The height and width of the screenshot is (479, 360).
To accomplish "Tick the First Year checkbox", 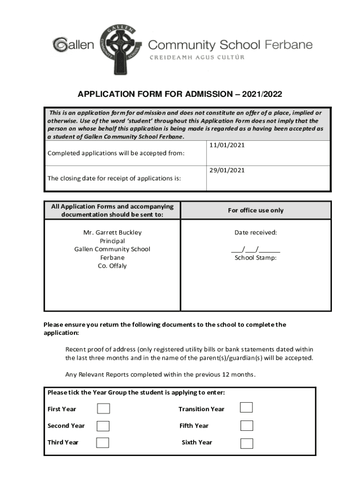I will (x=103, y=409).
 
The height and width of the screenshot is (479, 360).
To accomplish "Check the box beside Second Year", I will (x=103, y=426).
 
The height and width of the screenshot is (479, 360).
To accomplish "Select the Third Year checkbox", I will (x=102, y=443).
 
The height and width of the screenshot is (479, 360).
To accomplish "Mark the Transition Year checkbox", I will (x=246, y=407).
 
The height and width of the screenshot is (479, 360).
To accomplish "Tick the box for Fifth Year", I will (x=246, y=426).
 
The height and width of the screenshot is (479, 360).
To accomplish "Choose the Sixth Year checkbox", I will (x=246, y=443).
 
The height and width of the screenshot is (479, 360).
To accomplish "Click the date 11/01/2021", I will (x=227, y=145).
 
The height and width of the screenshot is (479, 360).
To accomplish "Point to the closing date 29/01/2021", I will (x=227, y=170).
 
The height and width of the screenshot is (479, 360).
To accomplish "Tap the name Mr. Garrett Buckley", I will (x=112, y=232).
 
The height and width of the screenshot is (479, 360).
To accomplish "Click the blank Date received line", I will (x=255, y=249).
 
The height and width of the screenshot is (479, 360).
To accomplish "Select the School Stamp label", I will (x=255, y=258).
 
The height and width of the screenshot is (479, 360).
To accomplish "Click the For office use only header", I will (x=255, y=210).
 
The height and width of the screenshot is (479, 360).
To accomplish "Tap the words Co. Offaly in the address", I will (x=112, y=266).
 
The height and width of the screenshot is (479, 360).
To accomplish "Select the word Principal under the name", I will (x=112, y=241).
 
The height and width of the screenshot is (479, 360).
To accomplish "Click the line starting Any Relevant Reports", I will (x=160, y=375).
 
